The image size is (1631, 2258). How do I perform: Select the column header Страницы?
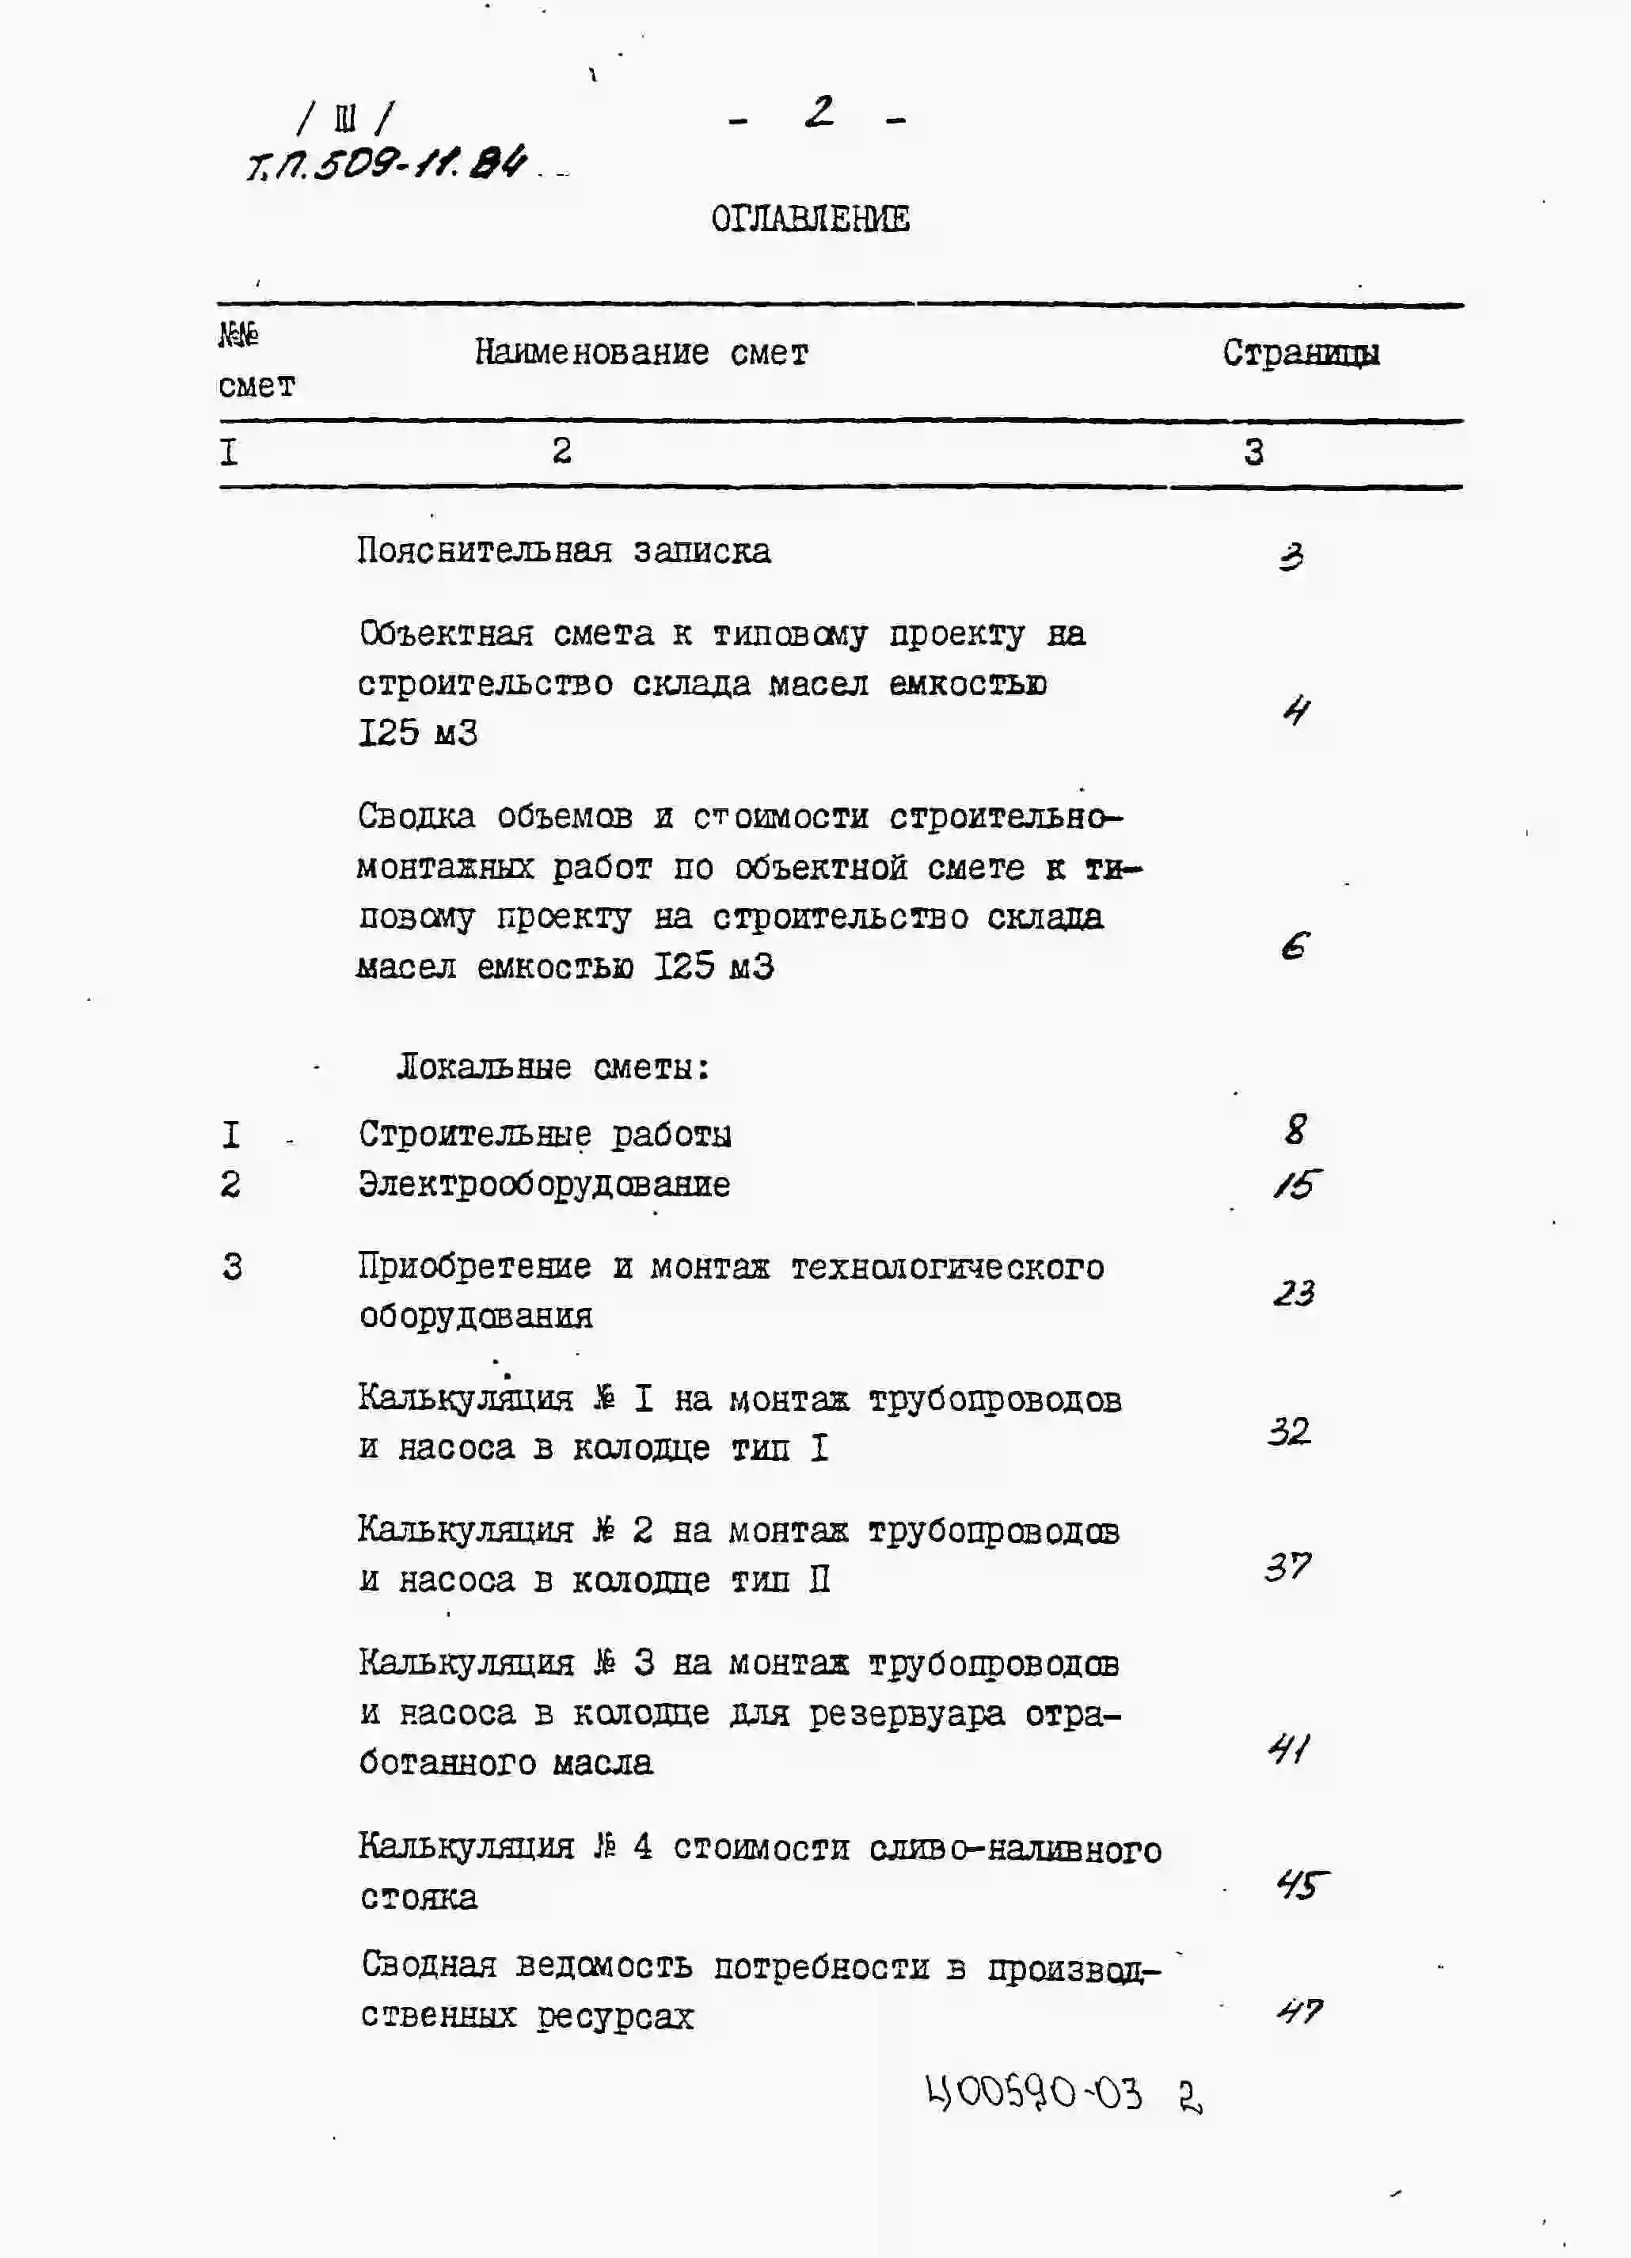(x=1300, y=353)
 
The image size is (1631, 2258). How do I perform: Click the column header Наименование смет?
(x=641, y=352)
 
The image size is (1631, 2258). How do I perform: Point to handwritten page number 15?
(x=1296, y=1184)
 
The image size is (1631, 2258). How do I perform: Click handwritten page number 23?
(x=1294, y=1293)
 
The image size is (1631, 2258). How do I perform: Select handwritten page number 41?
(x=1288, y=1748)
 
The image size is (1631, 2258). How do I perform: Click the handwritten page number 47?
(x=1299, y=2012)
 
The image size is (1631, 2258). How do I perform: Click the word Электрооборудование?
(x=544, y=1184)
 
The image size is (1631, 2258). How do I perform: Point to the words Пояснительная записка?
(x=564, y=550)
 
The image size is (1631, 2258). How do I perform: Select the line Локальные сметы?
(x=553, y=1068)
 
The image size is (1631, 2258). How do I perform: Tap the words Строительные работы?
(x=545, y=1134)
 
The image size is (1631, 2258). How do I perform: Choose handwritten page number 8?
(x=1295, y=1129)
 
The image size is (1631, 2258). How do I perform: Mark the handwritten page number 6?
(x=1294, y=946)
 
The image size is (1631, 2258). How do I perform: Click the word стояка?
(x=418, y=1898)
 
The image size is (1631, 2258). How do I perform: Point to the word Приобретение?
(x=475, y=1267)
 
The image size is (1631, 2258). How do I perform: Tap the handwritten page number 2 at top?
(x=819, y=112)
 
